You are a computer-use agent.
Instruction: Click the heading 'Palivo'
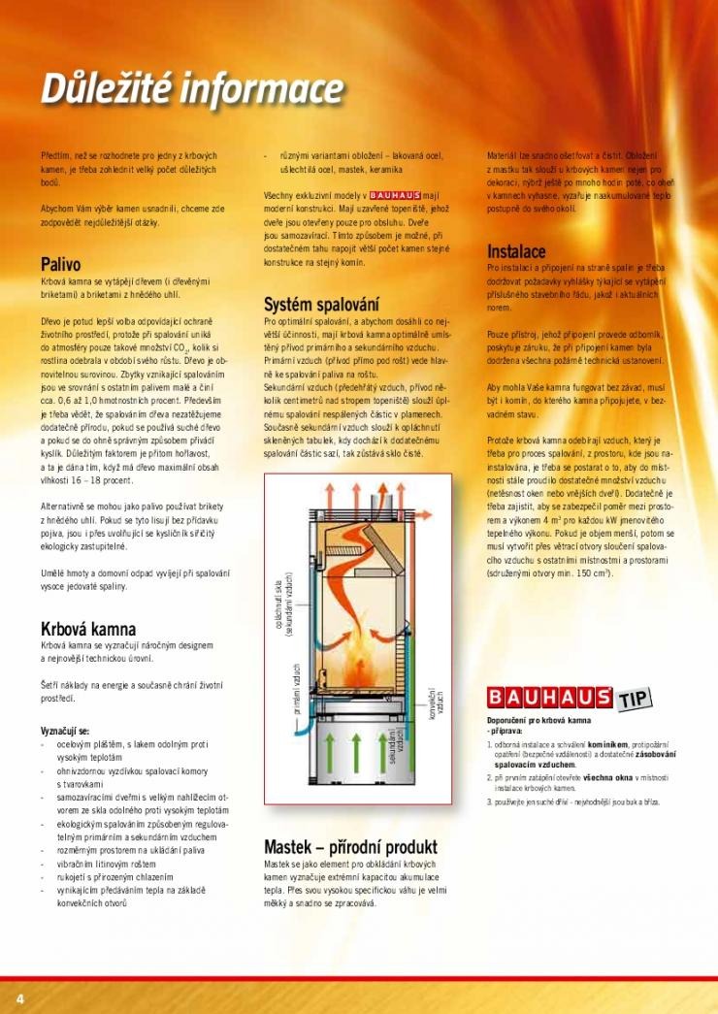click(60, 264)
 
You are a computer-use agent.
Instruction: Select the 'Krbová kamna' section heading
click(87, 629)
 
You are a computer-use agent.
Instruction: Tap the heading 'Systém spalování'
click(320, 305)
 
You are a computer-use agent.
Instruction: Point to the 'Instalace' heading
click(516, 251)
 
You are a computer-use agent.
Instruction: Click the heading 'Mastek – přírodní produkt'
click(350, 847)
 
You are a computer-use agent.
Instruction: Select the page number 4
click(18, 998)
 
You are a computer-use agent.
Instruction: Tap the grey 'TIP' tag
click(634, 696)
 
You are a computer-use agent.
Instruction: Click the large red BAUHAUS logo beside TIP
click(548, 697)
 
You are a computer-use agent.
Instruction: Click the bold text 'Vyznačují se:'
click(64, 730)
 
